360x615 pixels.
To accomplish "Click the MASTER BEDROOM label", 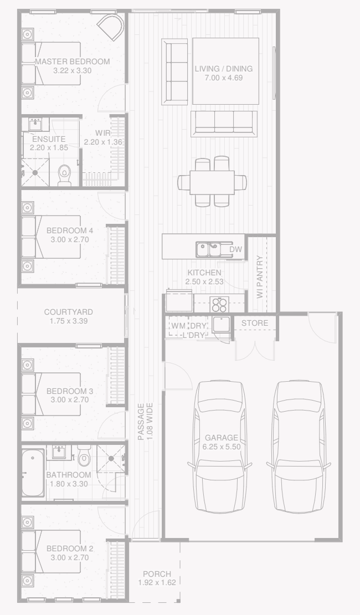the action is point(72,61).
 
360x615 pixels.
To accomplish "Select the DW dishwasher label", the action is point(236,249).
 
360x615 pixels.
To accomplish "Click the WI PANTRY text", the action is point(260,277).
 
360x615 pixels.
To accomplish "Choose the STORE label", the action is point(255,323).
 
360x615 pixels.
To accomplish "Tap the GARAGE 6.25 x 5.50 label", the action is point(222,442).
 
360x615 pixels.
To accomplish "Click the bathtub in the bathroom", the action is point(33,473).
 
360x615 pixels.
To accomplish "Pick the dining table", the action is point(212,182).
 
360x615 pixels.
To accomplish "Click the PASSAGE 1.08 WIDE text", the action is point(145,422).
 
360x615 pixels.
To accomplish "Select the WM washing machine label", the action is point(178,326).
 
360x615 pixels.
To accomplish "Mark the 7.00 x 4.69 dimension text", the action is point(224,78).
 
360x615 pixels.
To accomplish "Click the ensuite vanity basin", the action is point(36,125).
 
